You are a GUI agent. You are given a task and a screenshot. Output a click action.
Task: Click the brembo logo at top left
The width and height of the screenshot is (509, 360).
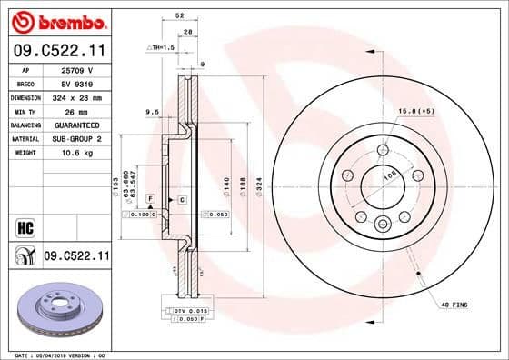55,19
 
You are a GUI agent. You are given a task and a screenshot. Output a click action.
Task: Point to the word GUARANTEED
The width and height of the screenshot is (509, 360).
76,124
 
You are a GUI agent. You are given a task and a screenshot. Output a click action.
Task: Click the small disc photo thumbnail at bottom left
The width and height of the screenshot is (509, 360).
55,309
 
